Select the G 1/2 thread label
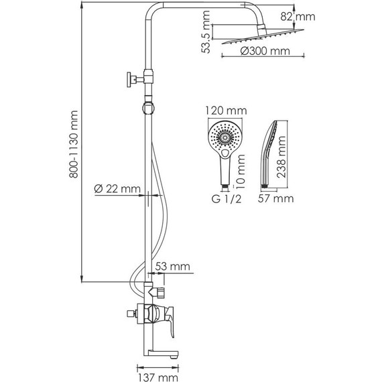click(x=225, y=198)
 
